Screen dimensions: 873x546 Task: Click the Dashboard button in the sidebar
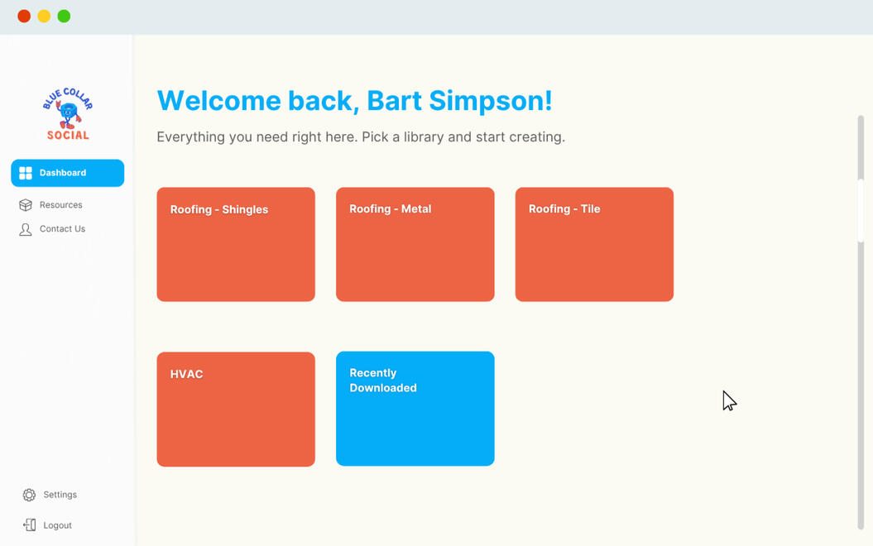click(x=67, y=173)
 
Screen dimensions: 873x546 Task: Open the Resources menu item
click(x=60, y=205)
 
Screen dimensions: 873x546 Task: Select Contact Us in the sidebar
click(x=62, y=229)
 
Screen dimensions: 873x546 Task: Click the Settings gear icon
click(x=29, y=495)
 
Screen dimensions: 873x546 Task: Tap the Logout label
click(x=57, y=525)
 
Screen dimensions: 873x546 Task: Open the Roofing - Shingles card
click(x=236, y=244)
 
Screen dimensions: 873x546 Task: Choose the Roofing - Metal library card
click(x=415, y=244)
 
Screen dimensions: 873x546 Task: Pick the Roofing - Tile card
click(x=595, y=244)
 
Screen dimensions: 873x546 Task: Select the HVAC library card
click(x=236, y=409)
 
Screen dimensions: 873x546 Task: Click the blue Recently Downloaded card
click(x=415, y=409)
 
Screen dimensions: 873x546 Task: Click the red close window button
click(x=24, y=17)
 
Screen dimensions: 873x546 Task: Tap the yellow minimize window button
click(x=44, y=17)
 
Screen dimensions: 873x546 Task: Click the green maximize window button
click(x=64, y=17)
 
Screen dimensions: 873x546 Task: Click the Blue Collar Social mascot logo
click(x=68, y=114)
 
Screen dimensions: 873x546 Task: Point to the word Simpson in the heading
click(x=491, y=101)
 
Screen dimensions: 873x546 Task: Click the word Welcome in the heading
click(x=218, y=101)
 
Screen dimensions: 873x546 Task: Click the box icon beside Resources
click(x=26, y=205)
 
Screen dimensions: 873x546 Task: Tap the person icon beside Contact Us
click(x=26, y=229)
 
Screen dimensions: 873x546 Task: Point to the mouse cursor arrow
click(x=729, y=400)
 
